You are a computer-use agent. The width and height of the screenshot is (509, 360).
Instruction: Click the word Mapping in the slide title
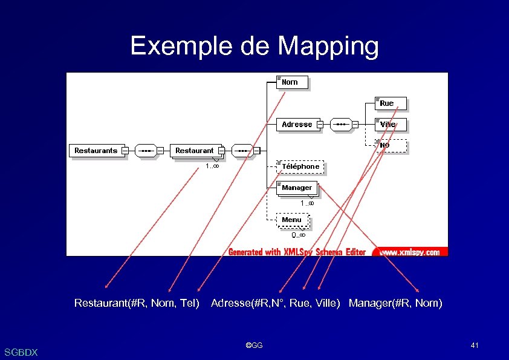[x=329, y=46]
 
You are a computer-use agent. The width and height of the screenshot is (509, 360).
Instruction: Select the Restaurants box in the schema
[x=96, y=151]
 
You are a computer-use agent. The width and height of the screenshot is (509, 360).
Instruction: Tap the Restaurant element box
[x=194, y=151]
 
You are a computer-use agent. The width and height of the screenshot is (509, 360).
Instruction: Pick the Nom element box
[x=292, y=82]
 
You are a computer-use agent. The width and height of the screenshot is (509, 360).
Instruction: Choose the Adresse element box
[x=297, y=125]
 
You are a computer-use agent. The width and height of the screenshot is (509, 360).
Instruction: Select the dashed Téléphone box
[x=300, y=166]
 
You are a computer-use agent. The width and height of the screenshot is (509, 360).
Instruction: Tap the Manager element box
[x=297, y=188]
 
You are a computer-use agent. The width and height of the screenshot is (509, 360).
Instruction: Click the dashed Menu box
[x=292, y=220]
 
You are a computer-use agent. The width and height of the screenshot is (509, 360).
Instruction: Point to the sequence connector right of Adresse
[x=342, y=125]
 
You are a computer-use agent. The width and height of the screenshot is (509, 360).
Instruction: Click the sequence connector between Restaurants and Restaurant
[x=146, y=151]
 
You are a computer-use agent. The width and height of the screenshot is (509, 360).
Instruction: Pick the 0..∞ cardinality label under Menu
[x=299, y=235]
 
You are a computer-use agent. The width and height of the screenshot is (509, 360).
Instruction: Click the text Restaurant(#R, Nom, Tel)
[x=137, y=303]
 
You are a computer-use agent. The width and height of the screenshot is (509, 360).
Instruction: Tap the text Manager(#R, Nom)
[x=395, y=303]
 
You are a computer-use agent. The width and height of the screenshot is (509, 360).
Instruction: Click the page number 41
[x=475, y=345]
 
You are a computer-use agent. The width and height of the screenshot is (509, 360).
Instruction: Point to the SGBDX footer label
[x=21, y=352]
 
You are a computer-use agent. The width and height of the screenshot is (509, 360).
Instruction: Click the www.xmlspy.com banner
[x=409, y=252]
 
